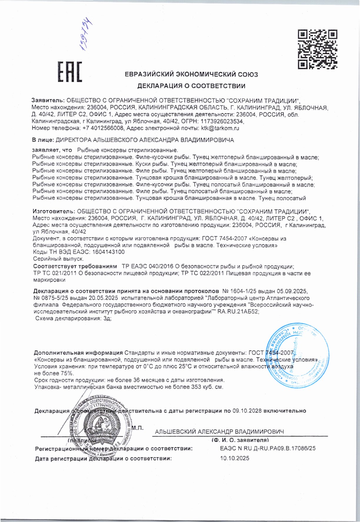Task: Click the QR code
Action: (317, 49)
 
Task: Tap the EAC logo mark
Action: (70, 72)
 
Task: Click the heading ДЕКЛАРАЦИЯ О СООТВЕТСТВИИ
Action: (191, 86)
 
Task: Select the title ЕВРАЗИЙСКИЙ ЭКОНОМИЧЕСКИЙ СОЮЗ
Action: (191, 74)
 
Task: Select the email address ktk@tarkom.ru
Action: (220, 128)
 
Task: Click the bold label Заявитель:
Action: (48, 101)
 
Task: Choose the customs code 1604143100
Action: (108, 252)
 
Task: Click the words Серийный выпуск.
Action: (58, 259)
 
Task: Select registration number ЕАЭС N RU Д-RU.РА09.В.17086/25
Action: (268, 448)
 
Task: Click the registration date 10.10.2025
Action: (234, 458)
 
